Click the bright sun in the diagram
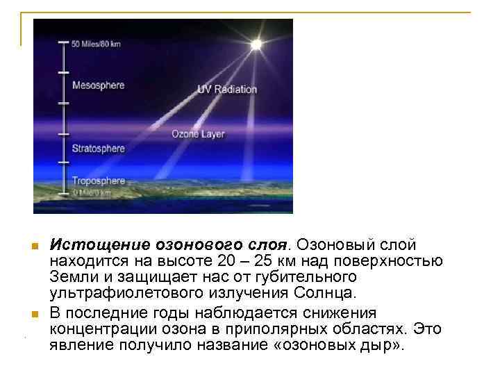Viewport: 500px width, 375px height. point(256,44)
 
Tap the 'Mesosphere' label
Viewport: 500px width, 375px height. point(98,85)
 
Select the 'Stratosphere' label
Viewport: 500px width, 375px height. point(98,148)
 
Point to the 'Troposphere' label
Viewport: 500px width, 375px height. point(99,181)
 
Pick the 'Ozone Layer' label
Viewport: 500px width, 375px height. point(198,134)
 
